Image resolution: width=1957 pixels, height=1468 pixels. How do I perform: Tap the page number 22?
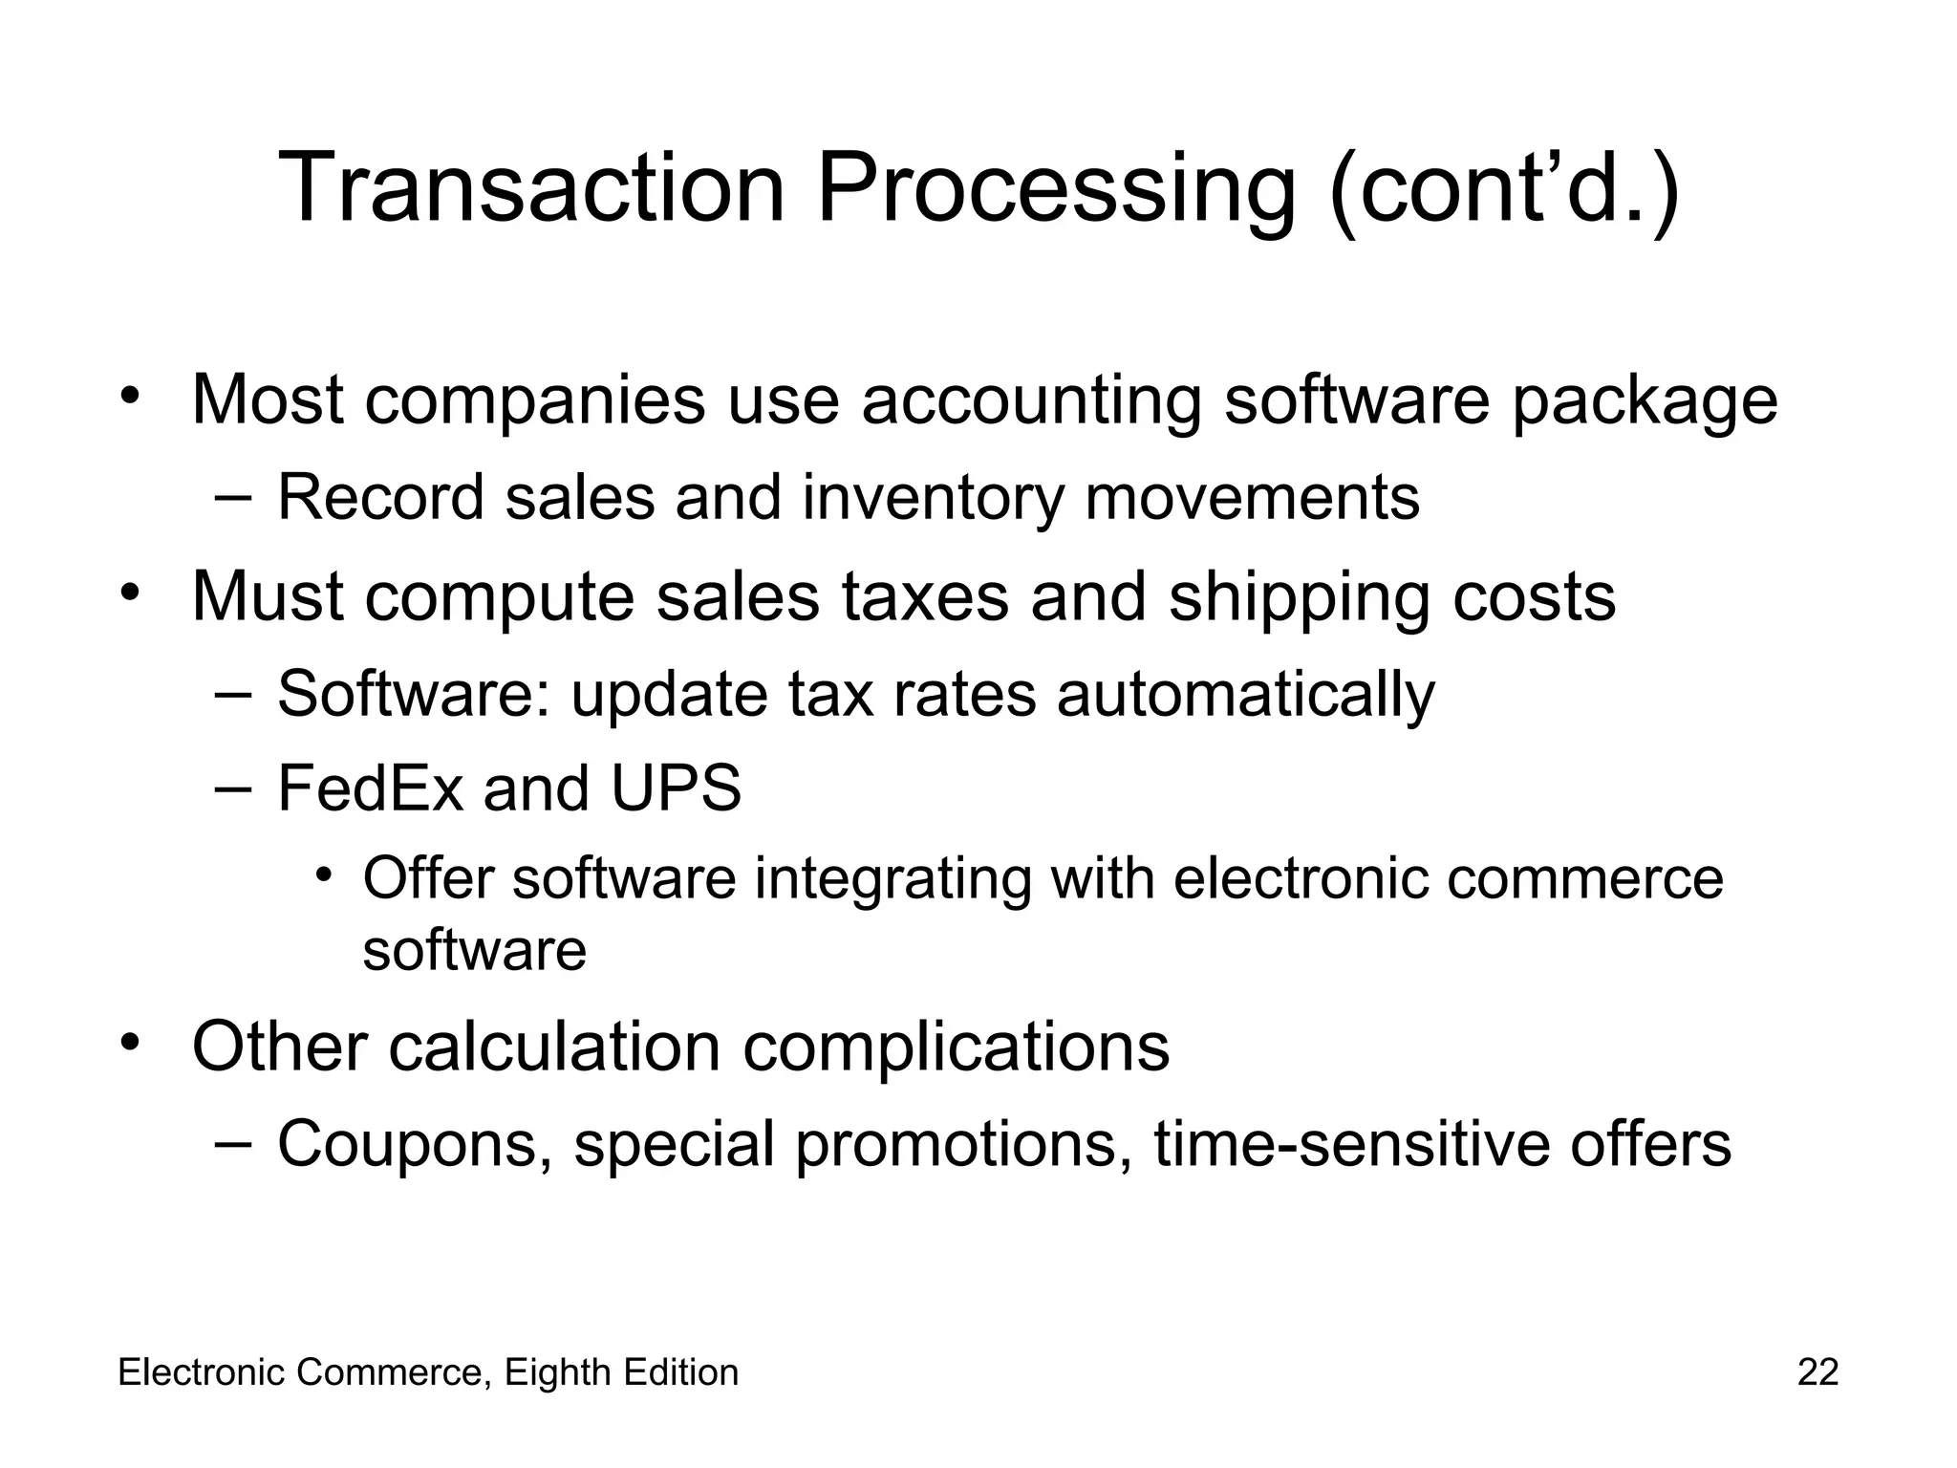pos(1817,1372)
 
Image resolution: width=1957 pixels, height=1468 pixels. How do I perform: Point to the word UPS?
pos(677,788)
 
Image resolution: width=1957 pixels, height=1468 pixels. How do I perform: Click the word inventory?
pos(933,498)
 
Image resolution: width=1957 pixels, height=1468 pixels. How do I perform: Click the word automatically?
pos(1245,693)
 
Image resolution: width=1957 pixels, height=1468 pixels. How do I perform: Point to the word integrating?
pos(892,878)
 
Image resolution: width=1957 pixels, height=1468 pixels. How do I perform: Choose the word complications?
pos(956,1047)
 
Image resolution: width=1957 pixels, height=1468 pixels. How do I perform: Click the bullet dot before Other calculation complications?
pos(131,1041)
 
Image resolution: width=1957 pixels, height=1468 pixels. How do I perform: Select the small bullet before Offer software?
pos(326,874)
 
